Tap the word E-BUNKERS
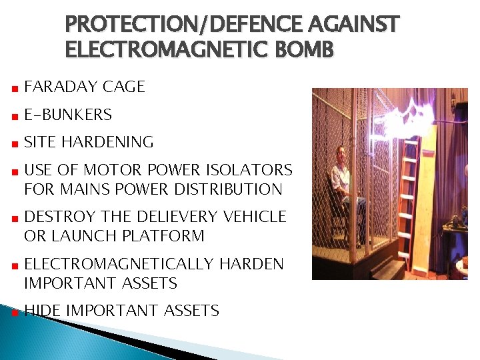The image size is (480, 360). point(68,115)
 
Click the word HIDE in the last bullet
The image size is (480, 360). point(43,311)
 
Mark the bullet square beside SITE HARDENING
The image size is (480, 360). point(13,143)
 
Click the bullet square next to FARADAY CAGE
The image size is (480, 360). point(13,88)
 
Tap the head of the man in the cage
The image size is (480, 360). point(341,153)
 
